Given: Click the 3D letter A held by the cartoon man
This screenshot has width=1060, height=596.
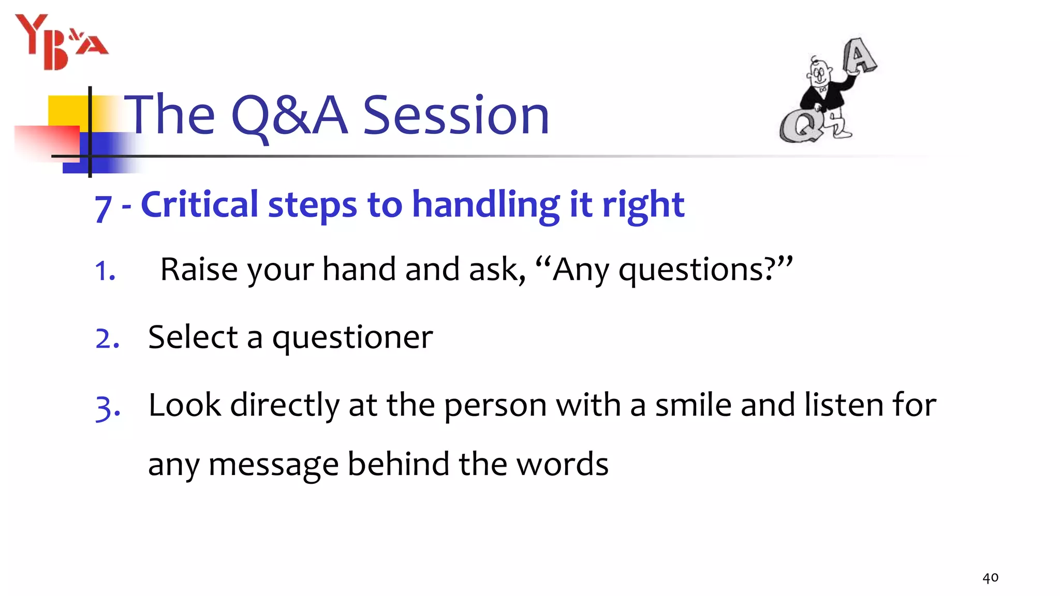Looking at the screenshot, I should (x=859, y=55).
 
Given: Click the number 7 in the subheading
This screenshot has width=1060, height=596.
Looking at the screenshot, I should (x=104, y=208).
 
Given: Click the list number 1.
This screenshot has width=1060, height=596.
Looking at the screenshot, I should (x=105, y=271).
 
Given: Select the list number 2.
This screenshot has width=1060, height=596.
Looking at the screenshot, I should (x=108, y=339).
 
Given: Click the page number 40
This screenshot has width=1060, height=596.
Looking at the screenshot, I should (x=990, y=577).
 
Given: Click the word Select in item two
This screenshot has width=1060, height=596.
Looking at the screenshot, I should (x=193, y=337).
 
